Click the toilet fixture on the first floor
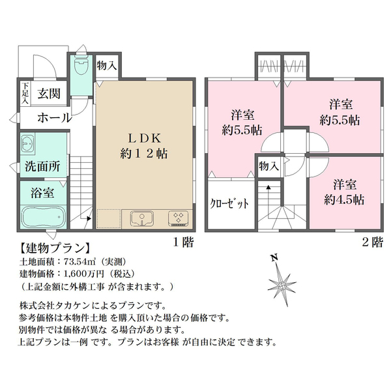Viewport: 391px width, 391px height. [x=81, y=65]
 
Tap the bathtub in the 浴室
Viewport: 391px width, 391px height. [x=43, y=216]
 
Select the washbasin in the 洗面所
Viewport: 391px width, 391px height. [x=27, y=143]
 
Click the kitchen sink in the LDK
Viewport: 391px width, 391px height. [x=141, y=218]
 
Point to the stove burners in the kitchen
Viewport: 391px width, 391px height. [x=179, y=218]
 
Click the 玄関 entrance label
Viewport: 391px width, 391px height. [x=49, y=94]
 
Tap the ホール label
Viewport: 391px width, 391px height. [x=54, y=118]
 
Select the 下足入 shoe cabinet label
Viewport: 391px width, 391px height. [x=25, y=93]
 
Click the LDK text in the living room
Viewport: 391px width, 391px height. [x=145, y=138]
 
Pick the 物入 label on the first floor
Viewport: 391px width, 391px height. [x=107, y=66]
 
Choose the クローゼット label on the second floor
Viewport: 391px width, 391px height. [x=229, y=203]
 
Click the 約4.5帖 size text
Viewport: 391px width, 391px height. [x=344, y=200]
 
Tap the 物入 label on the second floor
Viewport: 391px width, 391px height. [x=268, y=166]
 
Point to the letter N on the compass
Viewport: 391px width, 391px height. [x=274, y=257]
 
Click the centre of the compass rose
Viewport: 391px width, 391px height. [x=282, y=285]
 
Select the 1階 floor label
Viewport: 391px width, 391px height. [x=184, y=242]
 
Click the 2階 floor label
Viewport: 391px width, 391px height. [x=372, y=242]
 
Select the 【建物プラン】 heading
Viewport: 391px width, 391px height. [x=54, y=248]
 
